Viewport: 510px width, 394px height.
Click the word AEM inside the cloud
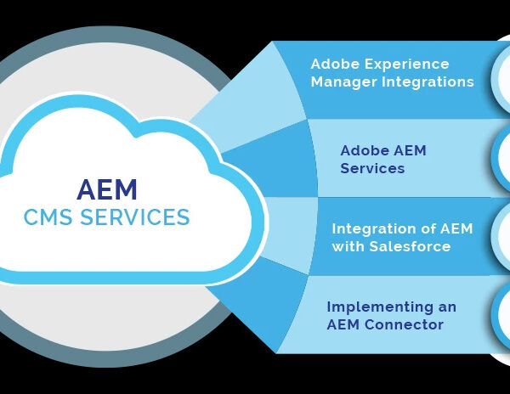[107, 189]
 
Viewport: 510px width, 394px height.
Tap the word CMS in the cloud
[48, 217]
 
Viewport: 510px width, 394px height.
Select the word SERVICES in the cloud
[134, 217]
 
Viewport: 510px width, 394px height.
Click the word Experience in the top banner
[406, 65]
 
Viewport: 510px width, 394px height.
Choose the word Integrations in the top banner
[428, 82]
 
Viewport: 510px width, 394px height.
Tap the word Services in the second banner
[372, 168]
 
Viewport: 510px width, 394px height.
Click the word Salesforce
[410, 246]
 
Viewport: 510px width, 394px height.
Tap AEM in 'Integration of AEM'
[456, 228]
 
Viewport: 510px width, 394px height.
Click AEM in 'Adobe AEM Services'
[410, 150]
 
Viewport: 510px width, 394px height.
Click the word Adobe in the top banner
[336, 64]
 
